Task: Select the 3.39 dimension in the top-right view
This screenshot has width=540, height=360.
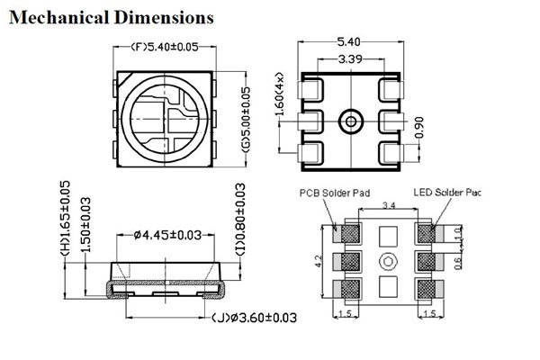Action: click(x=350, y=58)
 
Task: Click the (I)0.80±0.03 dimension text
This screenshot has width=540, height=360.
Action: click(x=239, y=232)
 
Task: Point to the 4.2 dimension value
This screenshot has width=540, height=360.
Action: click(x=319, y=261)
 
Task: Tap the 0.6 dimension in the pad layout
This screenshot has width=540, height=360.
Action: click(x=458, y=263)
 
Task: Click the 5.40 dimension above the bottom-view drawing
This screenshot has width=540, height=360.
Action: click(x=350, y=41)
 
